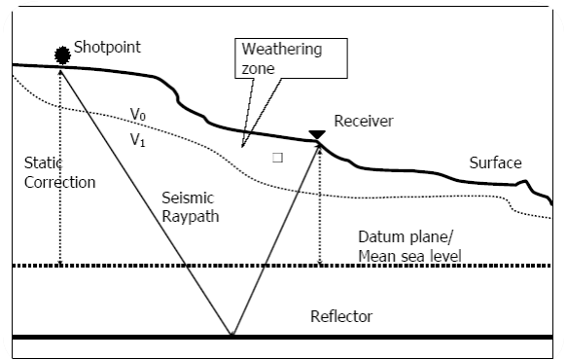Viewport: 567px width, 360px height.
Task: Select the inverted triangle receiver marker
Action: pos(316,134)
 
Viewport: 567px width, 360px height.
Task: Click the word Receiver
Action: pos(362,121)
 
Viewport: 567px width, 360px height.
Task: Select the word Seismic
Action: pos(188,198)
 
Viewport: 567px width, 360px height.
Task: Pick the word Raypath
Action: pos(191,217)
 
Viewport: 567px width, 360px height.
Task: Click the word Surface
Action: pos(495,162)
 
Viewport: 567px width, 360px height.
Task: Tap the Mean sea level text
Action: pos(409,256)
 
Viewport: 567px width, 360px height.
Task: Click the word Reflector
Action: pos(340,316)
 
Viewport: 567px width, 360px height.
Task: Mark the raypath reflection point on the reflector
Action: pos(231,336)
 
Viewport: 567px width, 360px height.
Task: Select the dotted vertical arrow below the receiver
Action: pos(319,204)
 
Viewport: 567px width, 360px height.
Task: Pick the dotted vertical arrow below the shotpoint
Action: pos(60,165)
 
